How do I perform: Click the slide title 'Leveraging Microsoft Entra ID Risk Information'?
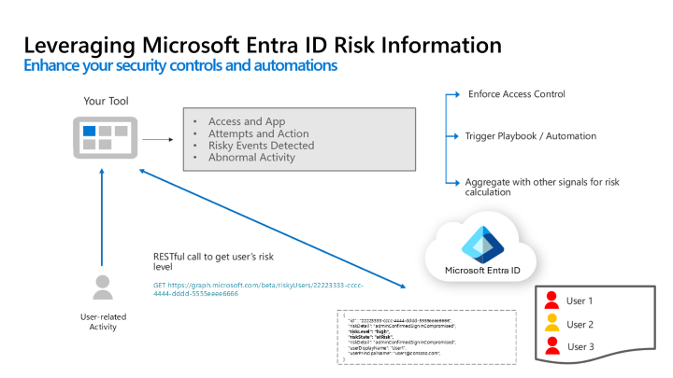point(262,46)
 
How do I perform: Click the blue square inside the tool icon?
point(89,132)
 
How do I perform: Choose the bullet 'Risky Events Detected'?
point(261,146)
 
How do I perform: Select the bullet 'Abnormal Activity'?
point(251,158)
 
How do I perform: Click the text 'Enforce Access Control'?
point(516,94)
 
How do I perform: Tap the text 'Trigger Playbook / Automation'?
point(530,136)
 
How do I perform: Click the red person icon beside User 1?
point(551,300)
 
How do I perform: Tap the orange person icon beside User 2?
point(551,323)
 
